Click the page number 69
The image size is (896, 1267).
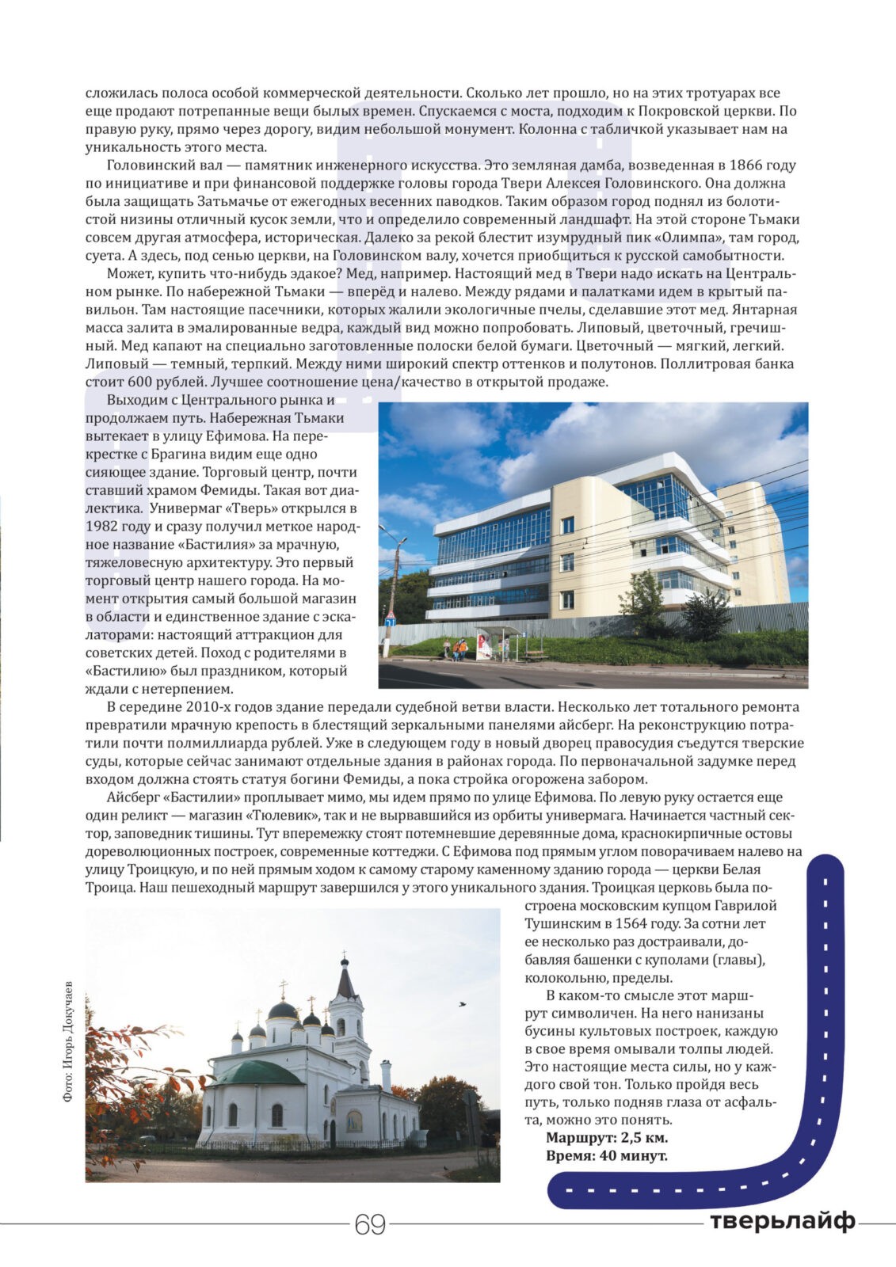pos(370,1224)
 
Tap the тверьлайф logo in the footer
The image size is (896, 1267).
pos(782,1222)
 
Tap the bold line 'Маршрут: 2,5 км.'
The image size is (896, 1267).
pos(607,1137)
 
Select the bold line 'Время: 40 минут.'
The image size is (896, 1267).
pos(606,1155)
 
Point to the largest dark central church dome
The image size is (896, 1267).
pos(283,1010)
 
